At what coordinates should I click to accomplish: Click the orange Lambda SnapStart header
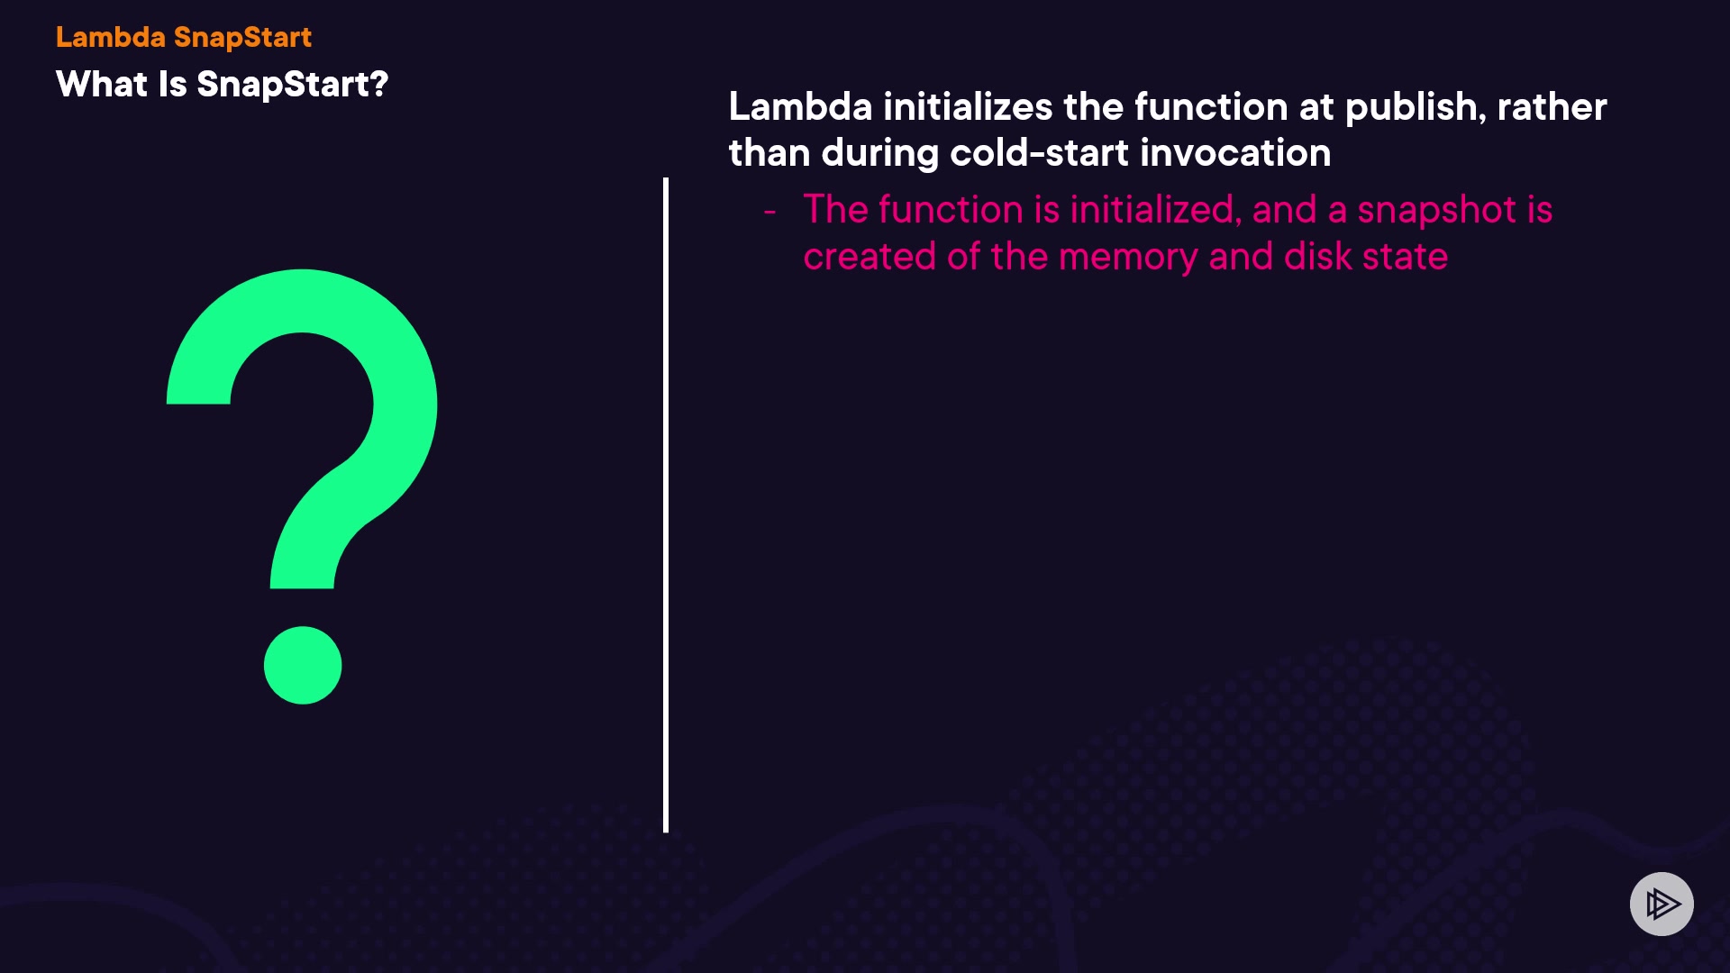point(184,37)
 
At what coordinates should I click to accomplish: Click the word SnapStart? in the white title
point(293,85)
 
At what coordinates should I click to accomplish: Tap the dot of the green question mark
point(303,665)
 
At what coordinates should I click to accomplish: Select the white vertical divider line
point(666,505)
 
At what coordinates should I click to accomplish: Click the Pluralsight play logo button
point(1662,904)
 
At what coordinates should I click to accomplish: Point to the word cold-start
point(1040,153)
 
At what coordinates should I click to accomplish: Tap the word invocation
point(1235,153)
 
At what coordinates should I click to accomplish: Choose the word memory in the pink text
point(1128,258)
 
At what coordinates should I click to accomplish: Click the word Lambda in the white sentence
point(800,107)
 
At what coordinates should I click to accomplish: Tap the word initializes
point(968,107)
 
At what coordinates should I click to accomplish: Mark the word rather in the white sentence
point(1552,107)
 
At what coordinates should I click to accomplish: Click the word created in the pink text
point(870,257)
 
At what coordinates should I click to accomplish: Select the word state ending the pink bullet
point(1405,258)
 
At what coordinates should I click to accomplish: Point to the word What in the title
point(102,85)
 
